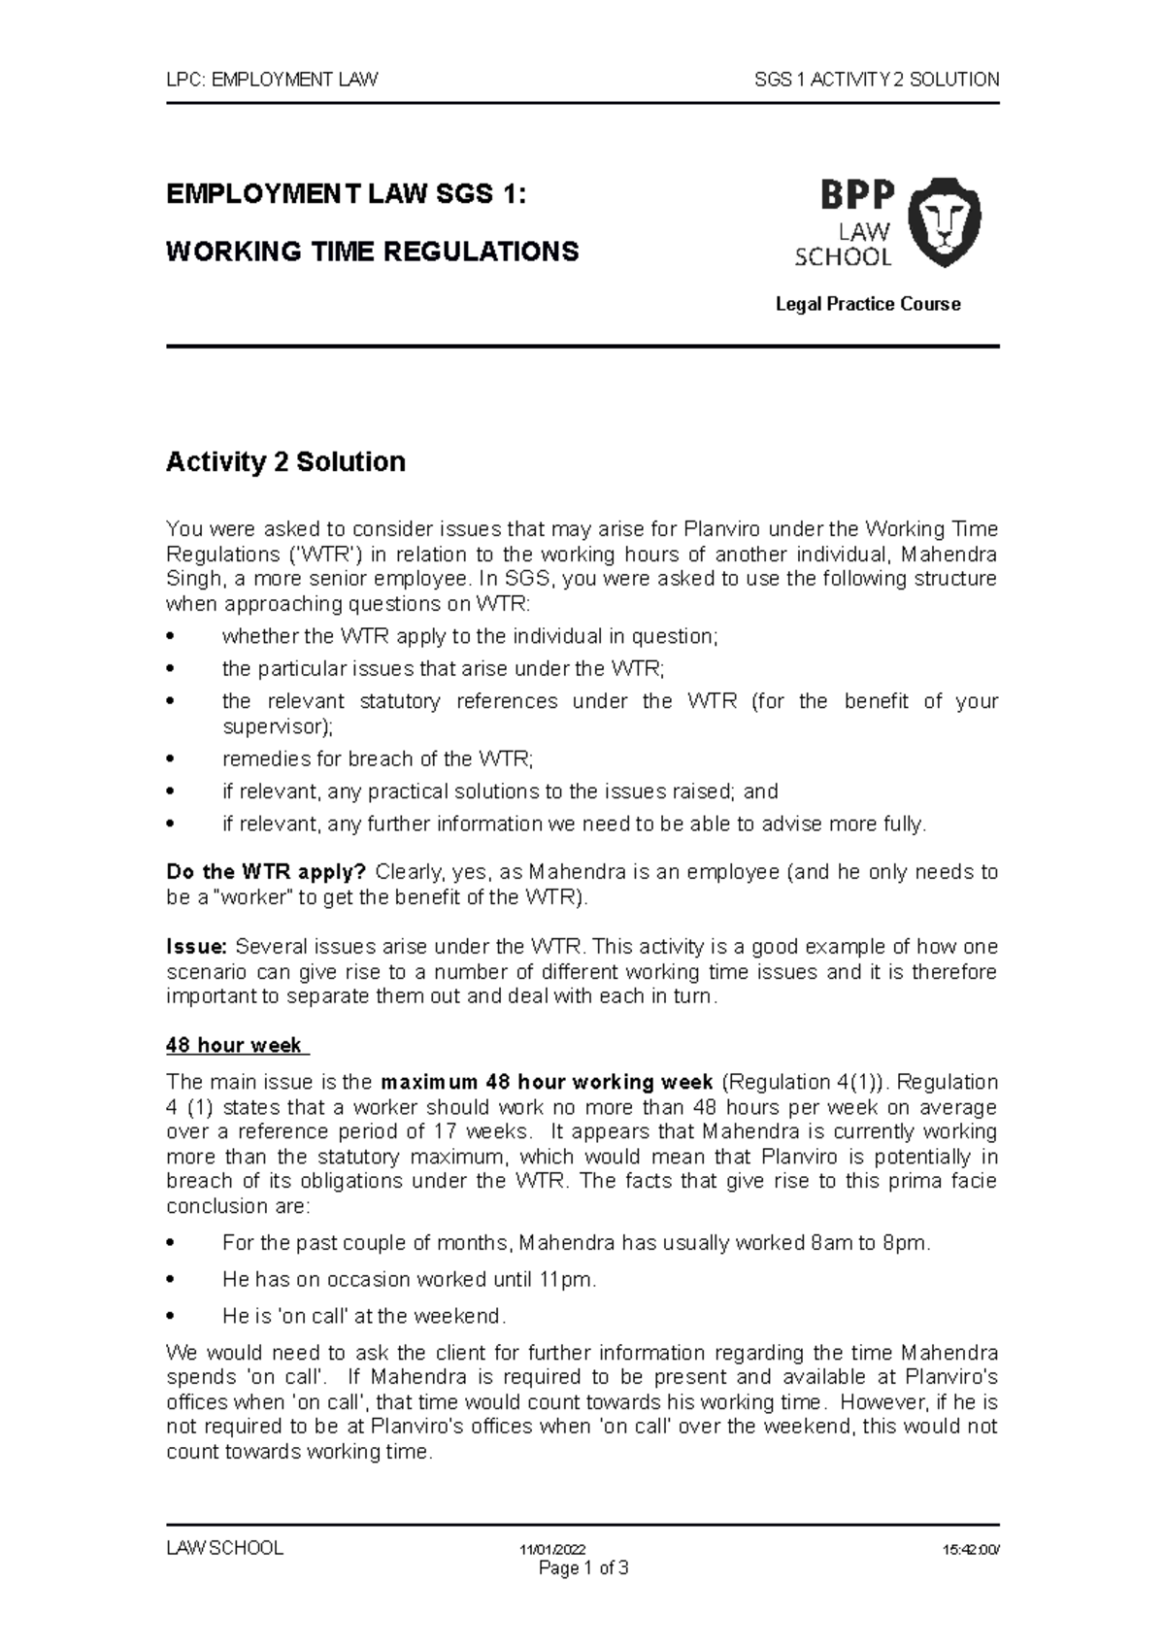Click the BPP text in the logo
tap(856, 196)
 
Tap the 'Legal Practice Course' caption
tap(867, 304)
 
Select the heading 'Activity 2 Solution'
tap(285, 461)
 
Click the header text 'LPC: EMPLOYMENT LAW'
tap(272, 80)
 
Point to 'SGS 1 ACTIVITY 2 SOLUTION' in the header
tap(877, 80)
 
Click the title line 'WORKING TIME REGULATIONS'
tap(373, 252)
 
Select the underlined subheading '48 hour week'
tap(236, 1046)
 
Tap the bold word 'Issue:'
tap(196, 947)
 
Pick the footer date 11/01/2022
tap(553, 1550)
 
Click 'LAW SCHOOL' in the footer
tap(224, 1548)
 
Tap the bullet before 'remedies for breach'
tap(170, 759)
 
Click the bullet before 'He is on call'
tap(170, 1317)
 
